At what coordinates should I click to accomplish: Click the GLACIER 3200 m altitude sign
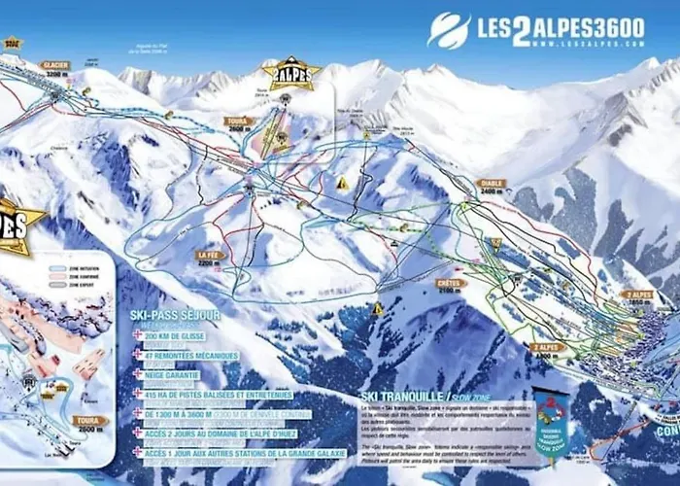[x=54, y=69]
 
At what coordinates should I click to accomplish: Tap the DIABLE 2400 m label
[x=493, y=186]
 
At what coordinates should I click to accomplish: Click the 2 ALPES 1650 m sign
[x=638, y=297]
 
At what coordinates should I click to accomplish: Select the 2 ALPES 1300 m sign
[x=547, y=350]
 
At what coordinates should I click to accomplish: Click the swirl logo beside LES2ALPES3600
[x=449, y=29]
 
